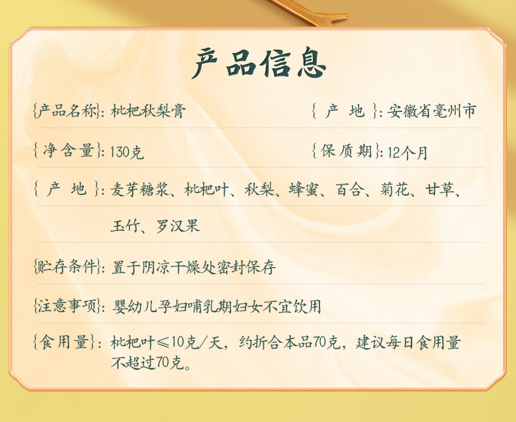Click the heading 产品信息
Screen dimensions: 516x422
click(x=259, y=63)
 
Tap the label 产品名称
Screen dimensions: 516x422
click(x=67, y=111)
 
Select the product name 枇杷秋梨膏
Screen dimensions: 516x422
click(x=148, y=111)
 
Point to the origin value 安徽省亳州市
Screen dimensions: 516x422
click(x=432, y=111)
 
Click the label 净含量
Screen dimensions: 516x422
click(x=69, y=150)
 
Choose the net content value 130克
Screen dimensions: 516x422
click(x=127, y=152)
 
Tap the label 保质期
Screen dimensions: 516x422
click(x=346, y=150)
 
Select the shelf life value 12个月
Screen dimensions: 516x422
click(x=408, y=152)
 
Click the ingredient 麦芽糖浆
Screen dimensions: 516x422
click(x=140, y=190)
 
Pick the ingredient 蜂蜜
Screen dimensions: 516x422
click(x=304, y=190)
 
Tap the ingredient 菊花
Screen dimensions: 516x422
click(x=395, y=190)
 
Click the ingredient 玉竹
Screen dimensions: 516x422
click(x=125, y=226)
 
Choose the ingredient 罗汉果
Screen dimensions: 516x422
click(x=178, y=226)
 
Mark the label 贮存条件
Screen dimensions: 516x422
click(x=67, y=266)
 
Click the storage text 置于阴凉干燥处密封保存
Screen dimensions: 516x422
click(x=193, y=267)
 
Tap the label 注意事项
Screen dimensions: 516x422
click(x=67, y=306)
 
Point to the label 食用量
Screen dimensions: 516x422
click(x=64, y=342)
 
